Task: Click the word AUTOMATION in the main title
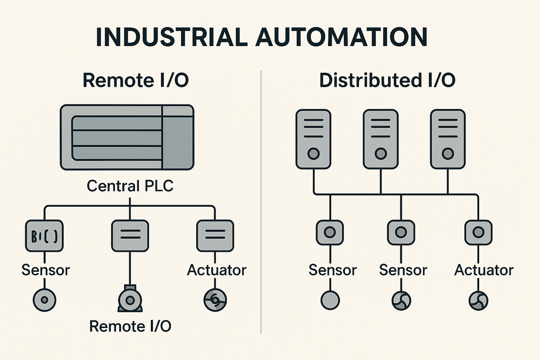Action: (x=341, y=37)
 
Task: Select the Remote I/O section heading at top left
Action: (x=136, y=80)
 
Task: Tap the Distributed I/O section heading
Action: (x=387, y=80)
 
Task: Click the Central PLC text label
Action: (x=130, y=186)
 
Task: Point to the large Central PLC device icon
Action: (x=127, y=137)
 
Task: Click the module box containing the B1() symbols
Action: (x=44, y=236)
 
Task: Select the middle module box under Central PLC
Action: (x=130, y=236)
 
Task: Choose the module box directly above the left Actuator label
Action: (x=215, y=236)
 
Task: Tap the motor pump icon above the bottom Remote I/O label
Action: (x=130, y=299)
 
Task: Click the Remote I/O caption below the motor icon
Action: (x=130, y=327)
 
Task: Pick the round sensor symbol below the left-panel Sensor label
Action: (x=44, y=300)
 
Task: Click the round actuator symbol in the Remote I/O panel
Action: (x=215, y=300)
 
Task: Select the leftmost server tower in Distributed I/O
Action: (x=313, y=139)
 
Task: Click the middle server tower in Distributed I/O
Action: (x=381, y=139)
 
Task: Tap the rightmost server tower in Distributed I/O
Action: (x=448, y=139)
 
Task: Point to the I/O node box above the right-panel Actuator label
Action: (x=478, y=233)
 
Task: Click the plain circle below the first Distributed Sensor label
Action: (x=330, y=300)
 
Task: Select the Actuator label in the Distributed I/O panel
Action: (x=484, y=270)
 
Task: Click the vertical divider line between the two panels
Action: (x=261, y=202)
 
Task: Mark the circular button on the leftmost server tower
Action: (x=314, y=154)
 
